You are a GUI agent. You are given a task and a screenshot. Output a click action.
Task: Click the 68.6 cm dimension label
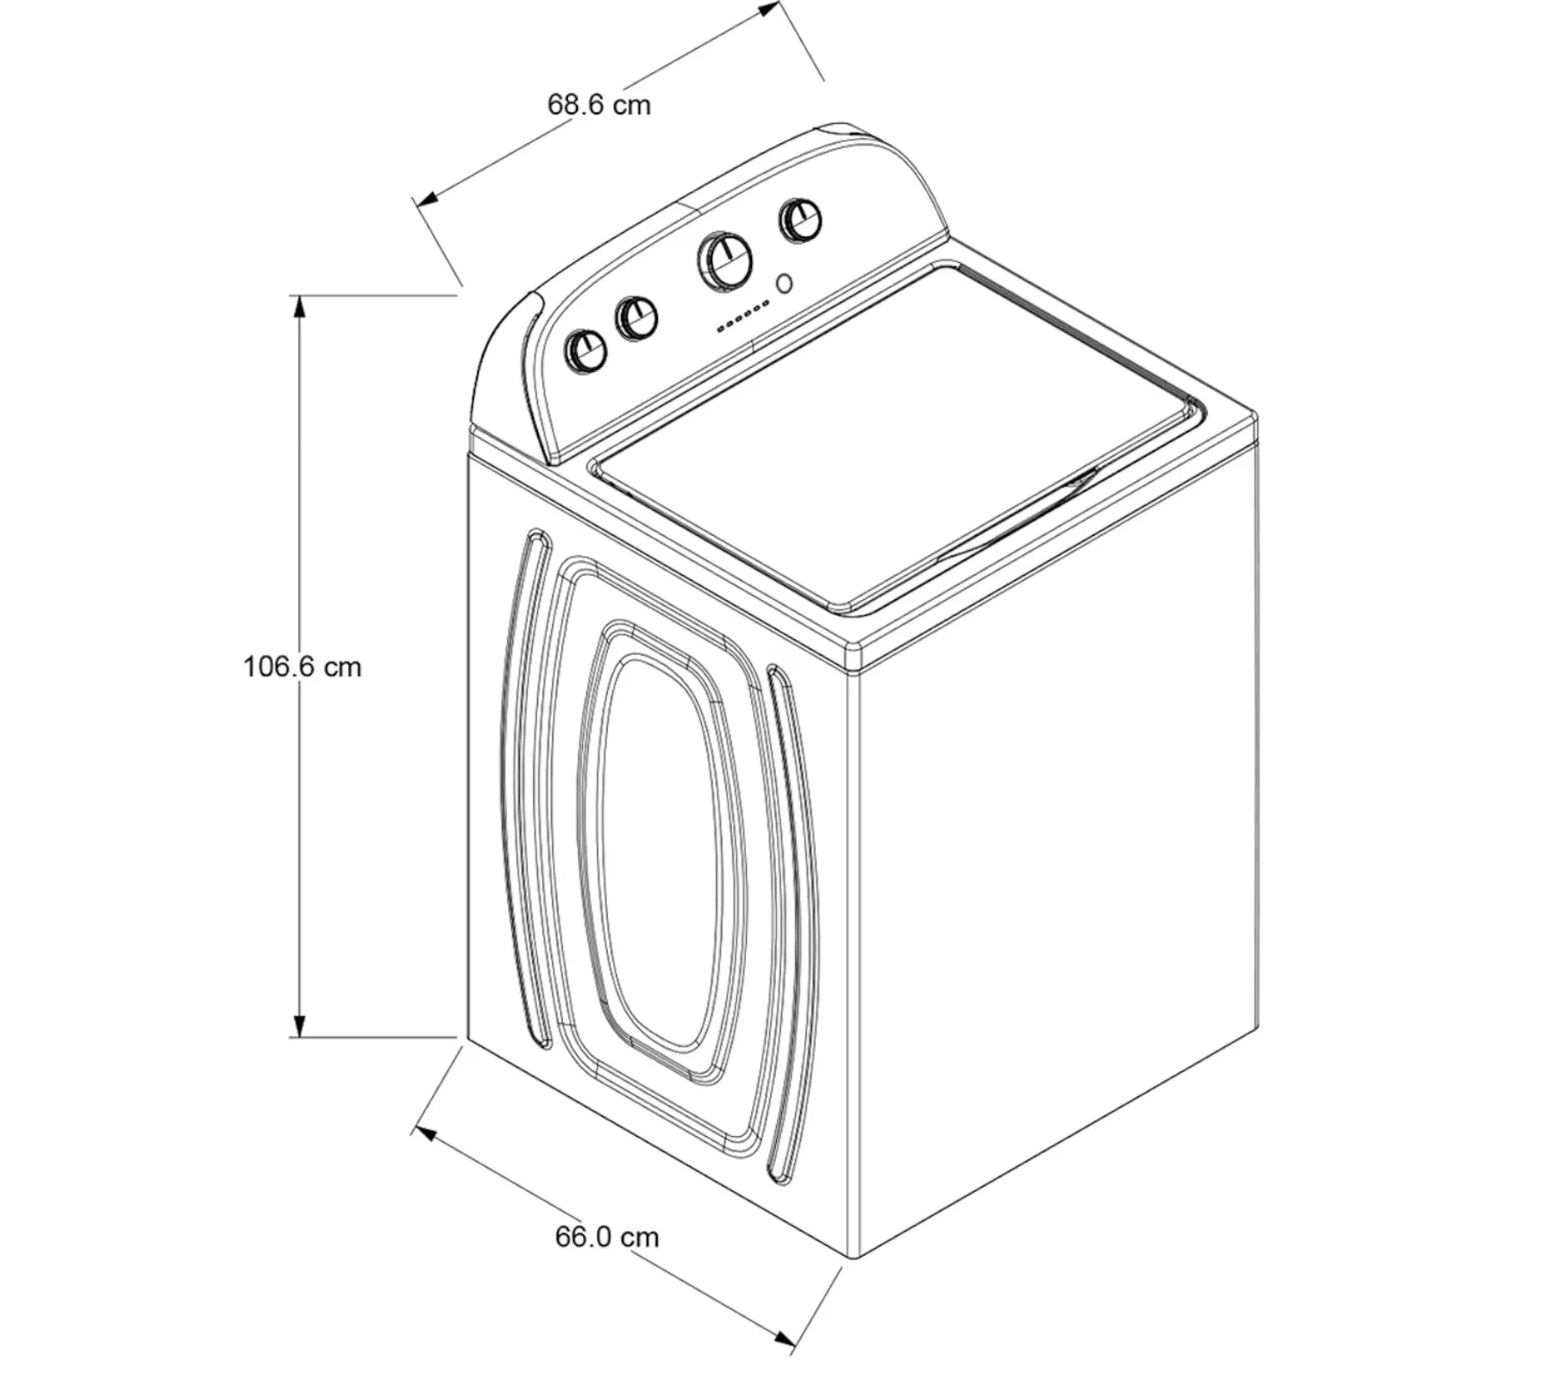(599, 105)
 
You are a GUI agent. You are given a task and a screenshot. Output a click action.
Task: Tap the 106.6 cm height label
(303, 666)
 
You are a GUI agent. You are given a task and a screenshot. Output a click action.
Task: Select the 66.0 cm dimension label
(607, 1237)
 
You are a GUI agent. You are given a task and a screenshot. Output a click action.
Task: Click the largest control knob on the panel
(724, 259)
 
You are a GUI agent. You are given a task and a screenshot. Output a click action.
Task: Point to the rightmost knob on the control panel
(799, 221)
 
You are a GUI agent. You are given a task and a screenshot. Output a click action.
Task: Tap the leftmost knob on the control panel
(585, 351)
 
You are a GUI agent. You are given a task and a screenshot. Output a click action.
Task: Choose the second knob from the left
(636, 318)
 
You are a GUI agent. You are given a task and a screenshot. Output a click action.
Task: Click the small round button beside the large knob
(785, 284)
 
